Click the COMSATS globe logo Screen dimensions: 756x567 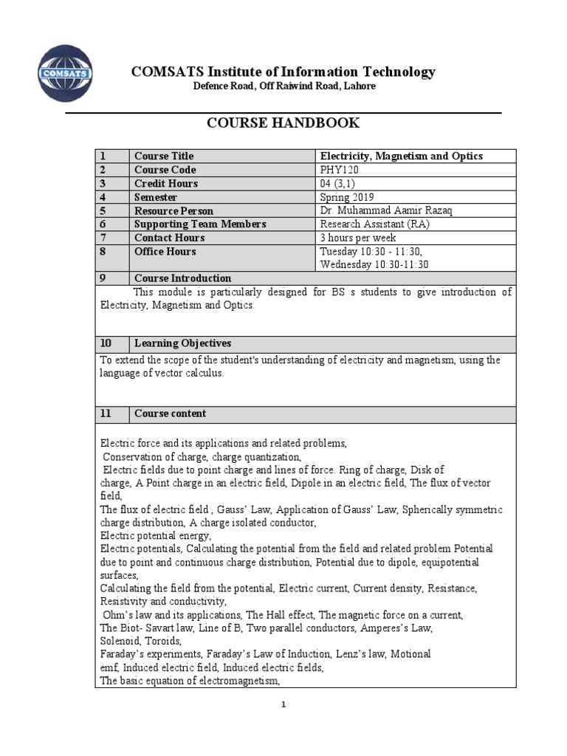click(65, 73)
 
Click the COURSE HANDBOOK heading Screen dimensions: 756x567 click(283, 123)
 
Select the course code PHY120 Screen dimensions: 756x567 click(339, 170)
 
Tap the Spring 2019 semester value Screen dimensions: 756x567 click(346, 197)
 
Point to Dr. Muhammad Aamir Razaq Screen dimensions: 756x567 click(386, 210)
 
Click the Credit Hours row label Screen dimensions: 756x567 click(166, 183)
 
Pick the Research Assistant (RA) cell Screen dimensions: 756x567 click(374, 224)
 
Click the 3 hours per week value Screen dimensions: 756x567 click(357, 238)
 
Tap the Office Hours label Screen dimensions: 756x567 click(165, 252)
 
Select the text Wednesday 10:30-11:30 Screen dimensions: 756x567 click(374, 265)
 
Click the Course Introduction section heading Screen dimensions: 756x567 click(182, 278)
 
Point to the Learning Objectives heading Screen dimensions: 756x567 click(182, 343)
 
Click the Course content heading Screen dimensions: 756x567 click(170, 413)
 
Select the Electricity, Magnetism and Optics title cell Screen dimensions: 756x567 click(401, 156)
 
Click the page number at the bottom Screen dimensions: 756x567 click(283, 705)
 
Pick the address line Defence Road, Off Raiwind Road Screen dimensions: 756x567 click(283, 86)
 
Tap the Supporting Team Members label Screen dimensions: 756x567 click(200, 224)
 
